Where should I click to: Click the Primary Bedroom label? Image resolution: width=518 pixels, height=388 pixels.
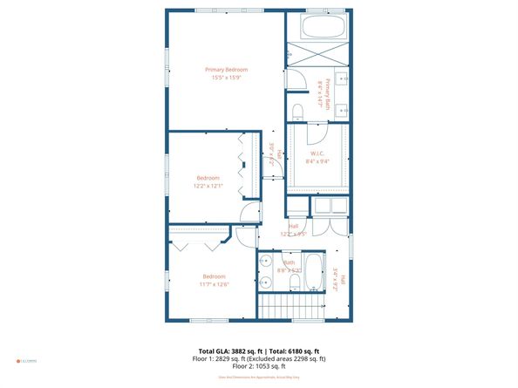click(x=226, y=70)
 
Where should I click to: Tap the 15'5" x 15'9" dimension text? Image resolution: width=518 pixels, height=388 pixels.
click(x=226, y=78)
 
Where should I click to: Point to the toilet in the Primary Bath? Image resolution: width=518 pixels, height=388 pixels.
click(x=297, y=110)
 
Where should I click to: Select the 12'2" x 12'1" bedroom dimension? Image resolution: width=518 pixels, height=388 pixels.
click(x=208, y=186)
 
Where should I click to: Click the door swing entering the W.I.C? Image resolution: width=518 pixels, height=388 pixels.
click(x=311, y=133)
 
